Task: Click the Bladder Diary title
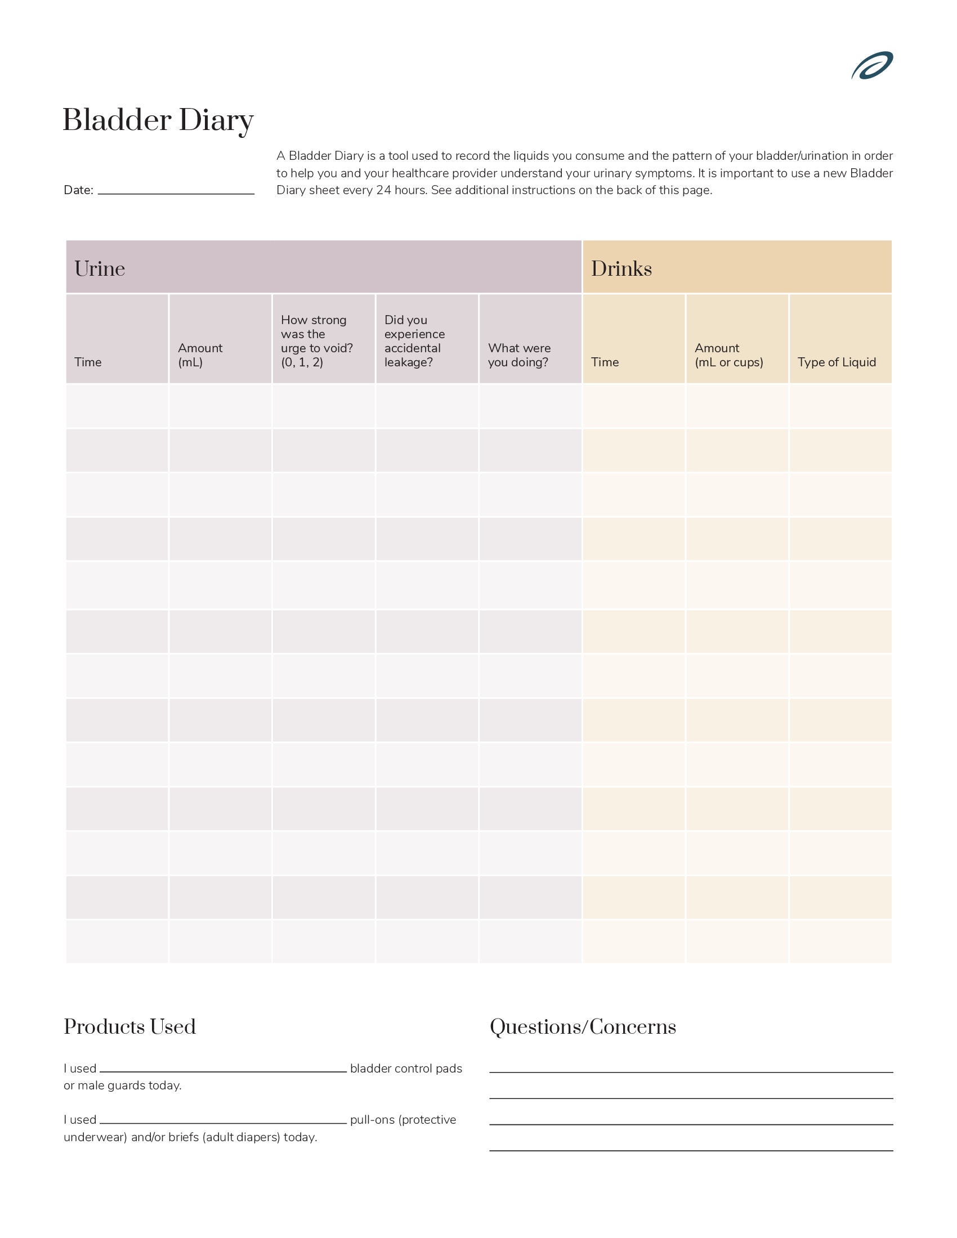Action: tap(158, 120)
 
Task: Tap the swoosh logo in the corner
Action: tap(871, 66)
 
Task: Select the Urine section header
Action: tap(100, 268)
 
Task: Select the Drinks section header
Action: tap(621, 268)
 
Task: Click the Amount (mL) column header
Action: tap(200, 355)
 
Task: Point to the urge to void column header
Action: tap(316, 341)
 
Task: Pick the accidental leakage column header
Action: tap(414, 341)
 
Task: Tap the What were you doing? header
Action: tap(519, 355)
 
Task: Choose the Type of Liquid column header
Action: tap(836, 362)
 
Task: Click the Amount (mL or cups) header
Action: tap(728, 355)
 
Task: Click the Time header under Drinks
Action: tap(605, 362)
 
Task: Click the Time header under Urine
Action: tap(88, 362)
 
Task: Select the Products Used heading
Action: tap(130, 1026)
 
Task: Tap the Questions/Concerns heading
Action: tap(583, 1026)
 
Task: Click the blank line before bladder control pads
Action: tap(223, 1070)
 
